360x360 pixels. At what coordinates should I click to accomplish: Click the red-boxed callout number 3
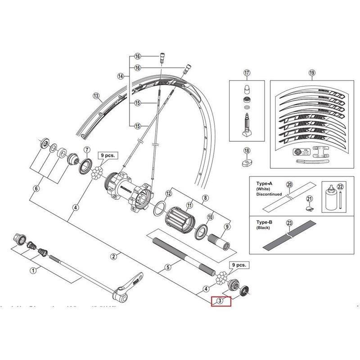click(x=220, y=301)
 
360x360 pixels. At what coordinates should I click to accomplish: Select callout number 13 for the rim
click(x=95, y=95)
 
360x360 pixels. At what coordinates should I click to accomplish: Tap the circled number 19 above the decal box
click(x=311, y=72)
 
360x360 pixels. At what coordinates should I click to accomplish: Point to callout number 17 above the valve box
click(x=247, y=72)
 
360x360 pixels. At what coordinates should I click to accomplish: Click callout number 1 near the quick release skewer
click(x=32, y=270)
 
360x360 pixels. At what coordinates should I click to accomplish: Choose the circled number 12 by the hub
click(x=168, y=193)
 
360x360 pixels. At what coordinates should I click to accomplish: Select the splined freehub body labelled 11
click(x=182, y=220)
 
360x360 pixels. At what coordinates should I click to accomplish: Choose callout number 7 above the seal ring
click(x=86, y=149)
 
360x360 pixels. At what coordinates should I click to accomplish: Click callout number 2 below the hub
click(x=113, y=256)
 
